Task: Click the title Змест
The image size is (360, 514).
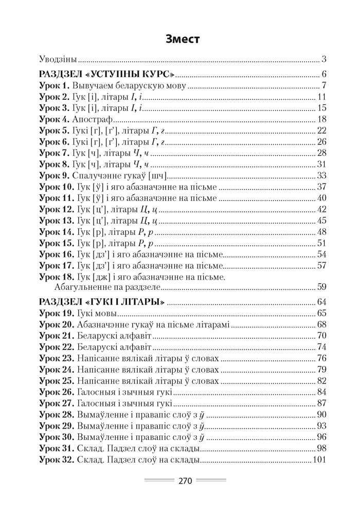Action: coord(179,39)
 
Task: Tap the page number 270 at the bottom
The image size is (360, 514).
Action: coord(185,482)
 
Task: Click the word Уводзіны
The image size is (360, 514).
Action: coord(58,58)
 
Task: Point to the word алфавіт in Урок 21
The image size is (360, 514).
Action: coord(134,335)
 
